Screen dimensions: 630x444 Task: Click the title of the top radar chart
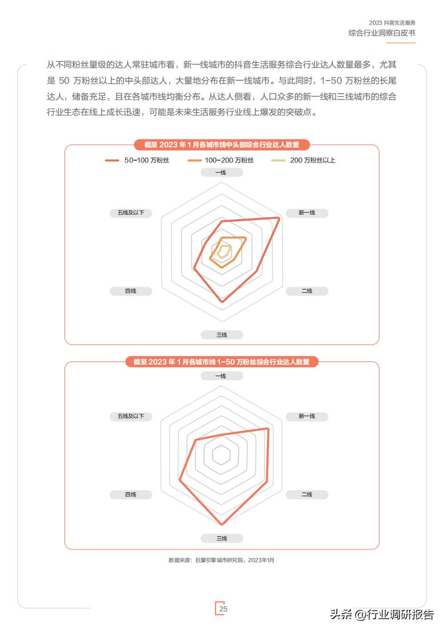click(222, 145)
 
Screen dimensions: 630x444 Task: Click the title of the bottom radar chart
click(222, 362)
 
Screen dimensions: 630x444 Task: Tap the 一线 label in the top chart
click(222, 173)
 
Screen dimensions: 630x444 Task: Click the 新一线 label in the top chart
click(307, 213)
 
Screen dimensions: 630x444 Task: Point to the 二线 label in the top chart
click(307, 291)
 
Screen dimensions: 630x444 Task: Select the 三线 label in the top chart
click(222, 335)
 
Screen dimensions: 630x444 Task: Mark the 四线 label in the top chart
click(131, 291)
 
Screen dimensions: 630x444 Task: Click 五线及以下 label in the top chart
click(131, 213)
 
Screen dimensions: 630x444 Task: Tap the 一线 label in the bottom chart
click(222, 376)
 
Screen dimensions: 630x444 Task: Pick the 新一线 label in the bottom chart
click(307, 416)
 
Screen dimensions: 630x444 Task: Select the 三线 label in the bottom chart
click(222, 539)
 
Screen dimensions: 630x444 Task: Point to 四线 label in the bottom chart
click(131, 495)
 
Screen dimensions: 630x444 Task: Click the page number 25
click(223, 609)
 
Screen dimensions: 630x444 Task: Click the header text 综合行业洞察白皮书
click(382, 33)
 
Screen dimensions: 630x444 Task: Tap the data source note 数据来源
click(222, 560)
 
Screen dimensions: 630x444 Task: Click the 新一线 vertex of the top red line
click(279, 218)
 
